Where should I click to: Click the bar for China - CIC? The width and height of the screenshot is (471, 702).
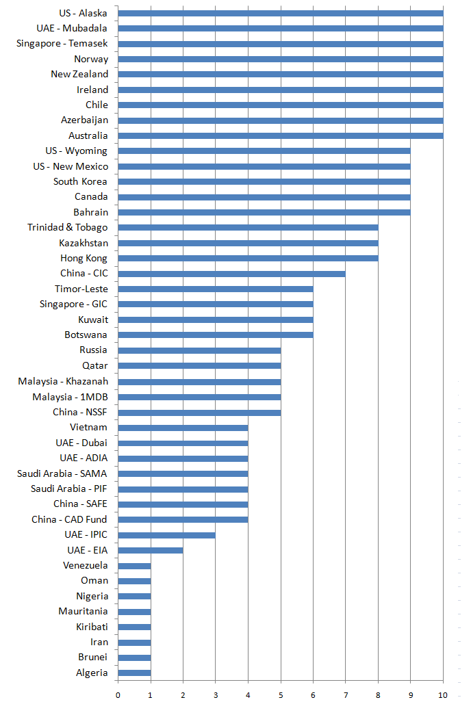pyautogui.click(x=231, y=274)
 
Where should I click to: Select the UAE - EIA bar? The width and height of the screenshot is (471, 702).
pyautogui.click(x=150, y=550)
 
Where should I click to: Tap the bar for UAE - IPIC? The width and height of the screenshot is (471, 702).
pyautogui.click(x=166, y=535)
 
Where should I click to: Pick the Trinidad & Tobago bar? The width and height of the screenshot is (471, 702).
pyautogui.click(x=248, y=228)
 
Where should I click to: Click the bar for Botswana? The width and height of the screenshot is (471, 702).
pyautogui.click(x=215, y=335)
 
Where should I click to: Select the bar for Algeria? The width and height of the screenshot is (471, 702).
pyautogui.click(x=134, y=673)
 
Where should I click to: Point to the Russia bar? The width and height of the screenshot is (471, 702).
pyautogui.click(x=199, y=350)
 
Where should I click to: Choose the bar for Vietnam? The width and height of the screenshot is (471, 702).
pyautogui.click(x=183, y=428)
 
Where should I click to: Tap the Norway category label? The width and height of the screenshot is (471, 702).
pyautogui.click(x=91, y=59)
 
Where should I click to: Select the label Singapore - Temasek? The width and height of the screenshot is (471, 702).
pyautogui.click(x=62, y=43)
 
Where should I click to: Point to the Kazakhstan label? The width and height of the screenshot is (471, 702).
pyautogui.click(x=84, y=243)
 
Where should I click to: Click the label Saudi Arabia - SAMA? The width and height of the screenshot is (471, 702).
pyautogui.click(x=62, y=473)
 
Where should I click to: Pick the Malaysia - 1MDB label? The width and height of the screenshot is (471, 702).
pyautogui.click(x=70, y=397)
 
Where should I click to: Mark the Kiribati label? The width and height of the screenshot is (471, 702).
pyautogui.click(x=92, y=627)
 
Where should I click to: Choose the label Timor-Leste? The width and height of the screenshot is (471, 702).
pyautogui.click(x=81, y=289)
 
